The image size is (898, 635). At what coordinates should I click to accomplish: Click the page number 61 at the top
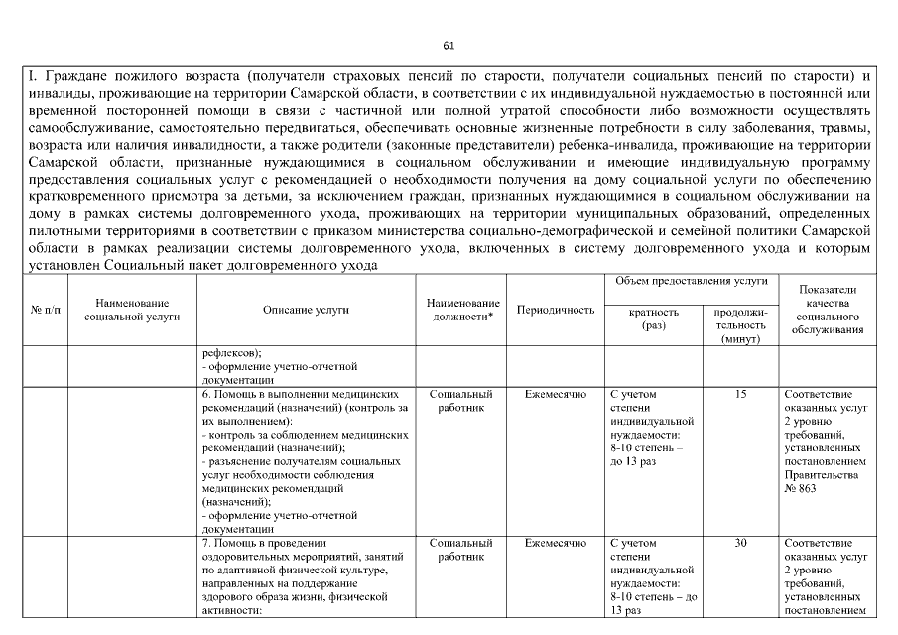(449, 45)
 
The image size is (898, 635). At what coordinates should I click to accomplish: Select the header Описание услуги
(306, 310)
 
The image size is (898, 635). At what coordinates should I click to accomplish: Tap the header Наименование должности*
(461, 310)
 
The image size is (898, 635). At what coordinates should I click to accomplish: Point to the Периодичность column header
(556, 310)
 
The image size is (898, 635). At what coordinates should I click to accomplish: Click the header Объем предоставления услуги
(692, 282)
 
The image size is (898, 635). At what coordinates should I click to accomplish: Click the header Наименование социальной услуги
(132, 310)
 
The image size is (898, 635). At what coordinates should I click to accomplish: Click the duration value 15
(740, 394)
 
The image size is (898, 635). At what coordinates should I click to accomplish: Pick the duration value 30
(740, 543)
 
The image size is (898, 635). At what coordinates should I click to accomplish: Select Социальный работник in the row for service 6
(461, 401)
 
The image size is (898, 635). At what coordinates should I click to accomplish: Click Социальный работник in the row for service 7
(461, 550)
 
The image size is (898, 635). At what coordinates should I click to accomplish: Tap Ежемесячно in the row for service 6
(556, 394)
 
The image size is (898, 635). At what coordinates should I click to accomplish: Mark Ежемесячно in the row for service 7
(556, 543)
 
